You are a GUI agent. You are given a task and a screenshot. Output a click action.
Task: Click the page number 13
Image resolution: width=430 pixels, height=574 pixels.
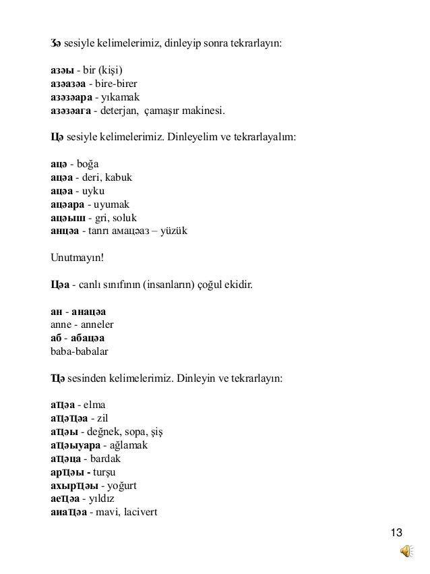pos(397,535)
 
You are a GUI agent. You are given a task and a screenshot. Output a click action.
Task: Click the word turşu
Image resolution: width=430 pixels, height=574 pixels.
pos(108,471)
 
